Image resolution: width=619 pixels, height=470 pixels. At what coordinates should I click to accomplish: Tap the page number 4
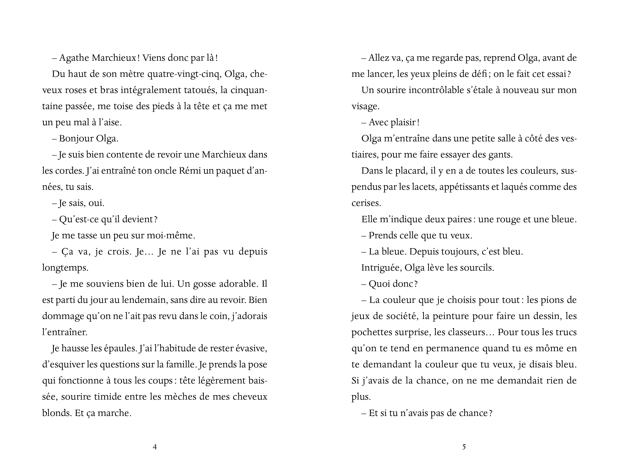point(155,447)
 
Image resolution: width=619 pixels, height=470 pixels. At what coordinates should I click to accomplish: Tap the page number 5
point(464,447)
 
